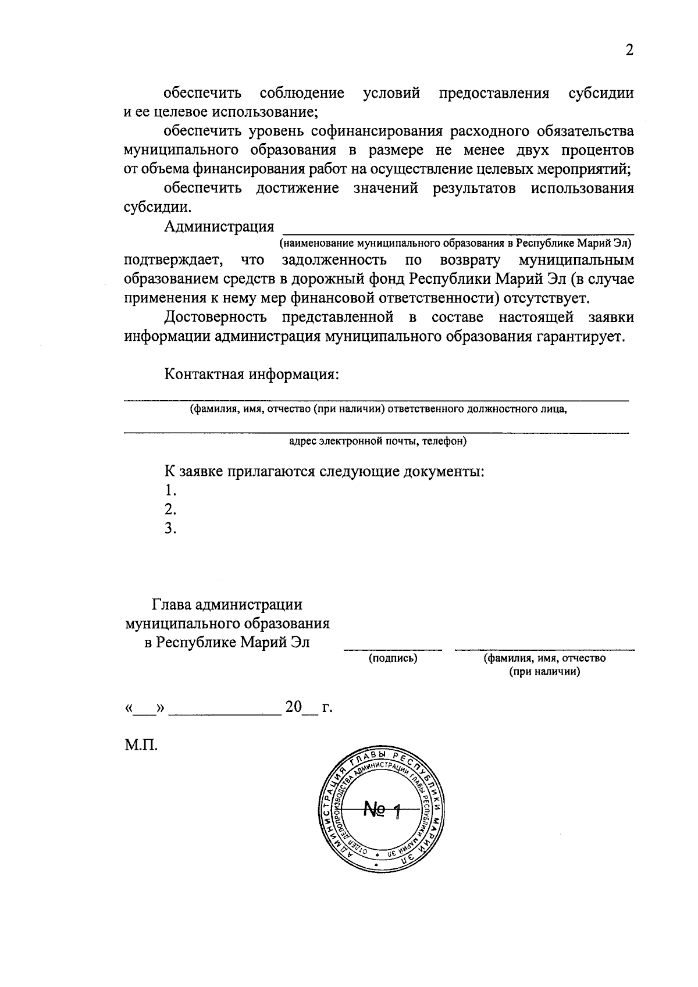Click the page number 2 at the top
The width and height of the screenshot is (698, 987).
click(x=629, y=51)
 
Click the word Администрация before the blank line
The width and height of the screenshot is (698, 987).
click(x=219, y=227)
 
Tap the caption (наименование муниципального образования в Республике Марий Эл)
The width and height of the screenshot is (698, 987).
click(x=455, y=243)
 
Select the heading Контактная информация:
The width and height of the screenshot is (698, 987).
click(x=251, y=373)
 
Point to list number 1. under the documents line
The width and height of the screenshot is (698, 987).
click(x=170, y=490)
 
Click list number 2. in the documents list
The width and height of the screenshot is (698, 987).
click(x=170, y=509)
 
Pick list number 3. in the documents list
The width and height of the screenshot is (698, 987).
click(x=170, y=529)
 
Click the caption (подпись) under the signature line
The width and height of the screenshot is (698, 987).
click(x=393, y=658)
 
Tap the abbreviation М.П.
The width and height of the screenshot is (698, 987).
click(x=141, y=745)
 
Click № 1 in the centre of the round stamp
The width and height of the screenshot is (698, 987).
click(x=382, y=809)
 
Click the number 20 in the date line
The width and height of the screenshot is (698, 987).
click(x=294, y=707)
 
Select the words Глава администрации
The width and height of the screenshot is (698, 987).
click(x=227, y=605)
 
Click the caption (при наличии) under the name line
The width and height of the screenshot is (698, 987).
click(x=544, y=672)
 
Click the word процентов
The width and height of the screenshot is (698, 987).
click(x=597, y=150)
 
